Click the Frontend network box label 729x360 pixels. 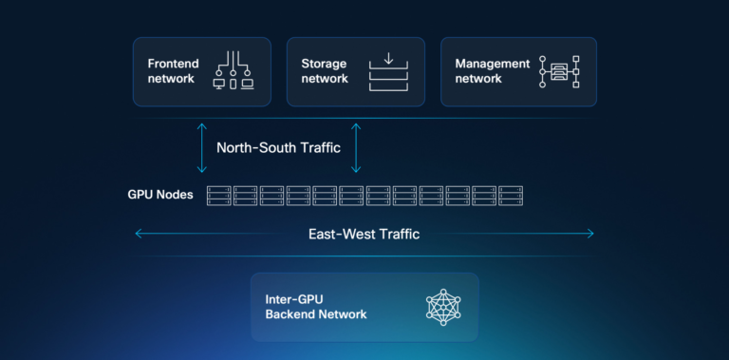[x=172, y=71]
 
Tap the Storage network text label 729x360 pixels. [x=325, y=71]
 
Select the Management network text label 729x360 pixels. [x=492, y=71]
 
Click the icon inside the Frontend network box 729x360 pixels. [x=233, y=70]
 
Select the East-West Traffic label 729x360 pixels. [x=364, y=234]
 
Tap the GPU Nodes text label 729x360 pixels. [x=160, y=195]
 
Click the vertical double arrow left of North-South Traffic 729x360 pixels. [x=201, y=146]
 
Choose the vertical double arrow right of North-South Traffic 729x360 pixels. [x=356, y=146]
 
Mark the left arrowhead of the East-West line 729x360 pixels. [x=139, y=234]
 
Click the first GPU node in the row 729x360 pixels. [x=219, y=195]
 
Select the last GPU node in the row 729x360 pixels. [x=511, y=195]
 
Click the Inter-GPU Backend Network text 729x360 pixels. [x=316, y=307]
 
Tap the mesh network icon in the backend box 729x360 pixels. [x=442, y=307]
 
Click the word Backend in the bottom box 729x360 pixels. [x=290, y=314]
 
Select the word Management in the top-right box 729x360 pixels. [x=492, y=64]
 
